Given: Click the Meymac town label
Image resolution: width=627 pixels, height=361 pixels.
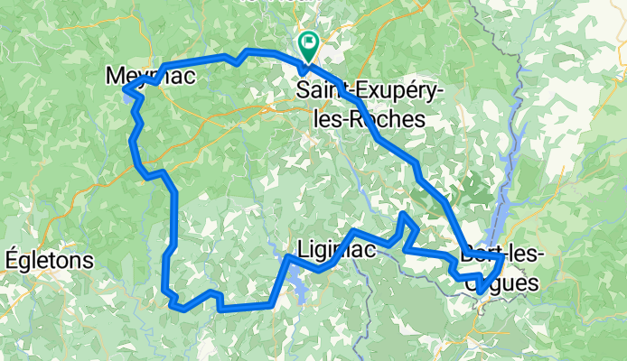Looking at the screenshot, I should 150,78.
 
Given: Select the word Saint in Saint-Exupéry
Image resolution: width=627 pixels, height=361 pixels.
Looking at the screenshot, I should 320,90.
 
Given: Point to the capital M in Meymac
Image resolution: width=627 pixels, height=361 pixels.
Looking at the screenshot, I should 116,78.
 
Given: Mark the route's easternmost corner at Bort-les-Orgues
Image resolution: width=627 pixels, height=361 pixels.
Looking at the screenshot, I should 502,258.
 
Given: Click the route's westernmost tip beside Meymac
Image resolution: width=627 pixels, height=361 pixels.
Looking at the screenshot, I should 124,88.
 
